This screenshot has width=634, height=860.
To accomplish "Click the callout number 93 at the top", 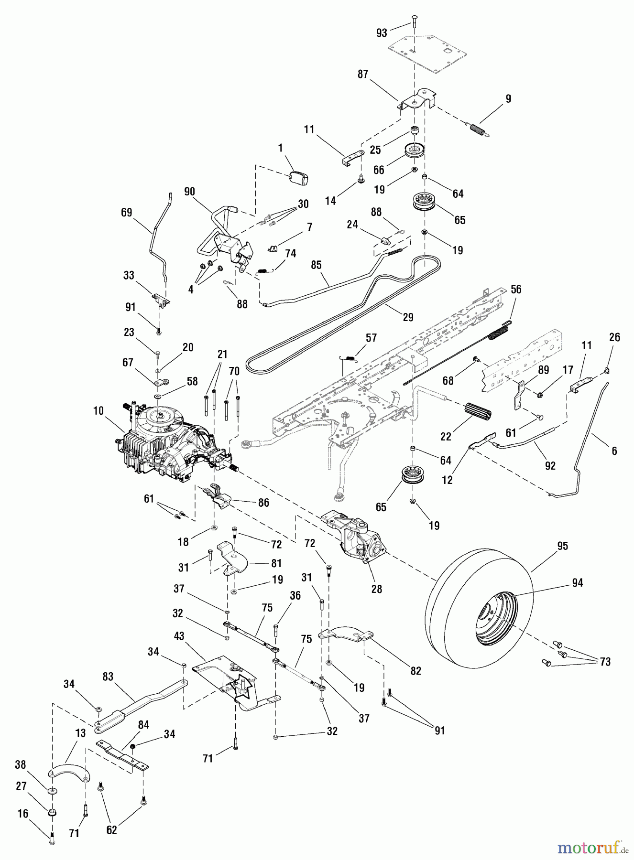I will [x=382, y=32].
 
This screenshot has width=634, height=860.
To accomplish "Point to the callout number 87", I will [x=363, y=75].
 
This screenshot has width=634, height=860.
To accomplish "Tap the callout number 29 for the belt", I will [x=408, y=317].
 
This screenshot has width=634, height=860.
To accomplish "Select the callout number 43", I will [x=179, y=636].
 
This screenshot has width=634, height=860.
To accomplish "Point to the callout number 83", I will [x=108, y=677].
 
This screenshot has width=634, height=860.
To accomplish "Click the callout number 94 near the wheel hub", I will [x=578, y=583].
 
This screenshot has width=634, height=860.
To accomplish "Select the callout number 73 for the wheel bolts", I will [x=605, y=662].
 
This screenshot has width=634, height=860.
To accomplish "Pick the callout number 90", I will [x=189, y=192].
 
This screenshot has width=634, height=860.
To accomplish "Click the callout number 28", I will [x=377, y=589].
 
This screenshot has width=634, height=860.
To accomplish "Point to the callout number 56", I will [x=516, y=289].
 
